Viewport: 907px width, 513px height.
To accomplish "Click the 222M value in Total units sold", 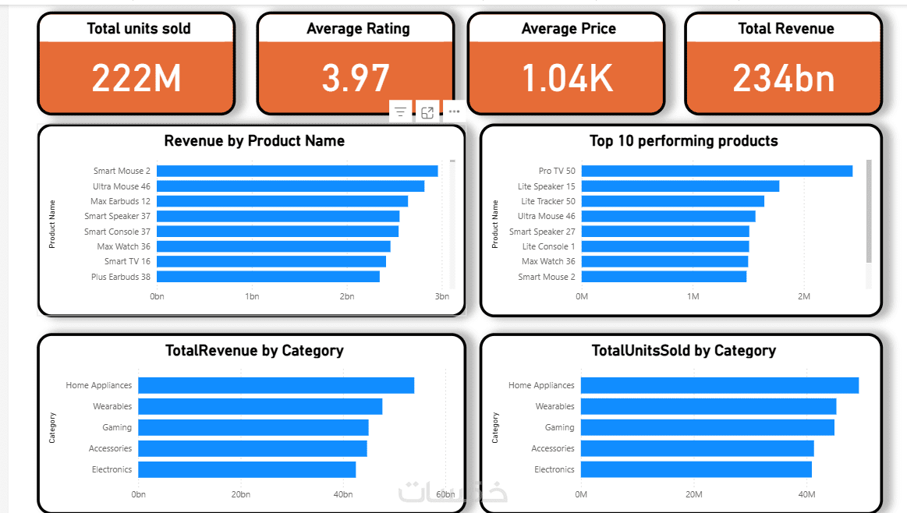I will [x=136, y=78].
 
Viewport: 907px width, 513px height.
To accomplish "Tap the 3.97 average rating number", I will [x=356, y=78].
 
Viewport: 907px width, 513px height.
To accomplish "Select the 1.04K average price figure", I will [x=567, y=78].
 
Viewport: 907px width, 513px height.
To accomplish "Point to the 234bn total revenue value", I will [x=784, y=78].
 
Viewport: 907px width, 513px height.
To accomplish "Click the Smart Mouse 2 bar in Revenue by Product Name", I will [x=297, y=171].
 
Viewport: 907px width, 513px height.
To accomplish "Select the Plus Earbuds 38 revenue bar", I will [x=268, y=277].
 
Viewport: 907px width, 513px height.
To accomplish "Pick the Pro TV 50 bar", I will [x=717, y=171].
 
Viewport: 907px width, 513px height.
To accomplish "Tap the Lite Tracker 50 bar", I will [x=672, y=201].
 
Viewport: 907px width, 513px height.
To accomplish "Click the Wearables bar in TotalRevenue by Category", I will [x=260, y=406].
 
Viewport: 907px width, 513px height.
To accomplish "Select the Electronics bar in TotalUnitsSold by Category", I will [x=696, y=469].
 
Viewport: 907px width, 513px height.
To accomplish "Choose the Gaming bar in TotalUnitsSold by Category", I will [x=707, y=427].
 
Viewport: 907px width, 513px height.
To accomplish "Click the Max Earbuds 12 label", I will [x=120, y=201].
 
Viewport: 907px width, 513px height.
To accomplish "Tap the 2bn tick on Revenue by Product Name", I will [x=347, y=296].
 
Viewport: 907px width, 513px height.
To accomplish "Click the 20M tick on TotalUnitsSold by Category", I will [x=694, y=494].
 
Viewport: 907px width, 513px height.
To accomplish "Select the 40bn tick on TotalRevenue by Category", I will [x=343, y=494].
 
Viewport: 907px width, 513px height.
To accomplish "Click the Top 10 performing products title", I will [x=683, y=141].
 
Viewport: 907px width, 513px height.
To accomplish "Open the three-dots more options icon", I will [x=454, y=112].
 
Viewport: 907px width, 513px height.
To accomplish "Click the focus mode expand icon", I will [x=427, y=112].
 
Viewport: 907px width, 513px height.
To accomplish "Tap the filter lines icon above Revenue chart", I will [x=400, y=112].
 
